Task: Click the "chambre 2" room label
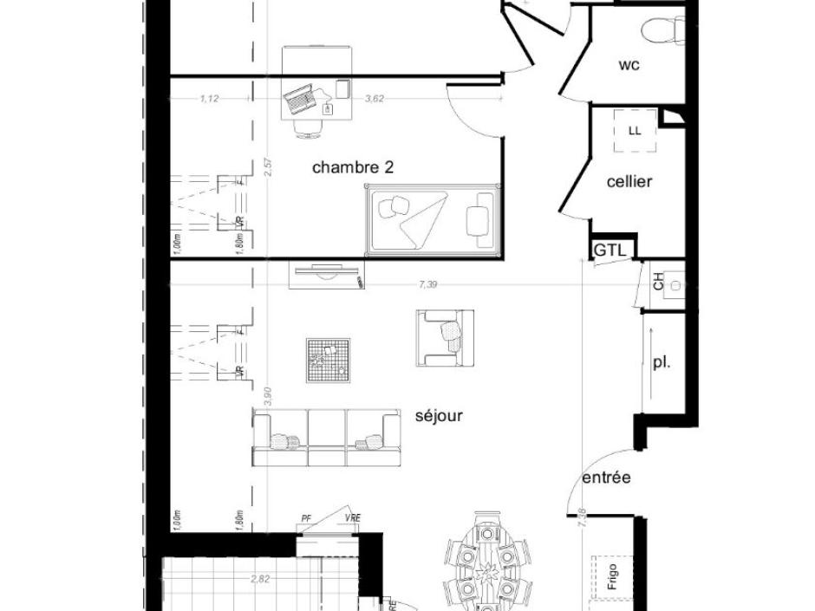pos(353,167)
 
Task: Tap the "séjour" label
pos(439,416)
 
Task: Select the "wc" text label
pos(629,65)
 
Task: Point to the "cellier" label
pos(629,182)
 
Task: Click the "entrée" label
pos(606,478)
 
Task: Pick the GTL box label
pos(610,250)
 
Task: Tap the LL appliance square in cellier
pos(635,132)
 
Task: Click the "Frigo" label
pos(612,577)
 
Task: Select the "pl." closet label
pos(662,363)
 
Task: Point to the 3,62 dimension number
pos(375,99)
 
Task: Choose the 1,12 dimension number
pos(209,99)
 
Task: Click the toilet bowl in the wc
pos(662,31)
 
